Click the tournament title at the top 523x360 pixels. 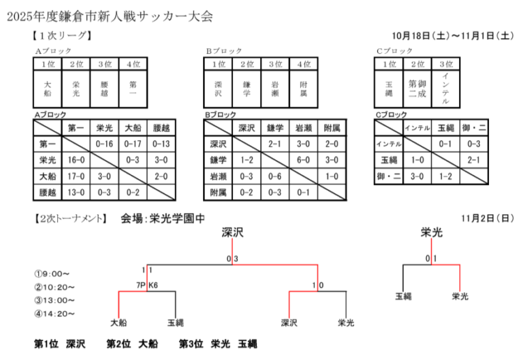pyautogui.click(x=110, y=16)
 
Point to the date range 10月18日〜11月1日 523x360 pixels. pyautogui.click(x=453, y=35)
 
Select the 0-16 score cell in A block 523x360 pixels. pyautogui.click(x=104, y=144)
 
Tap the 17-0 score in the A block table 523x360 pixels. pyautogui.click(x=76, y=176)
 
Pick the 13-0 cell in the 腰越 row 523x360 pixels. pyautogui.click(x=76, y=193)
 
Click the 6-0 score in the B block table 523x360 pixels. pyautogui.click(x=303, y=160)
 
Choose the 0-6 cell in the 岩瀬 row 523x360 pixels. pyautogui.click(x=275, y=176)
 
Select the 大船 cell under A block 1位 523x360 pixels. pyautogui.click(x=48, y=88)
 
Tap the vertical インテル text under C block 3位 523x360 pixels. pyautogui.click(x=446, y=88)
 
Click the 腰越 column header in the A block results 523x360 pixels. pyautogui.click(x=161, y=128)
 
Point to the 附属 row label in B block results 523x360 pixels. pyautogui.click(x=218, y=193)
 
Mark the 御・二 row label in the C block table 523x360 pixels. pyautogui.click(x=389, y=176)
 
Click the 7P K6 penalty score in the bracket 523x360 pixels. pyautogui.click(x=147, y=285)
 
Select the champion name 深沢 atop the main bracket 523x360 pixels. pyautogui.click(x=232, y=232)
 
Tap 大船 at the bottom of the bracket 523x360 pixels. pyautogui.click(x=118, y=323)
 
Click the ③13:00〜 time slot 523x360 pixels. pyautogui.click(x=54, y=300)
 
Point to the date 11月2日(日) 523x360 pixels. pyautogui.click(x=488, y=218)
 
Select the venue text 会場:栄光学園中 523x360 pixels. pyautogui.click(x=163, y=218)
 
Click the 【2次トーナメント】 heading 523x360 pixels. pyautogui.click(x=70, y=218)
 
